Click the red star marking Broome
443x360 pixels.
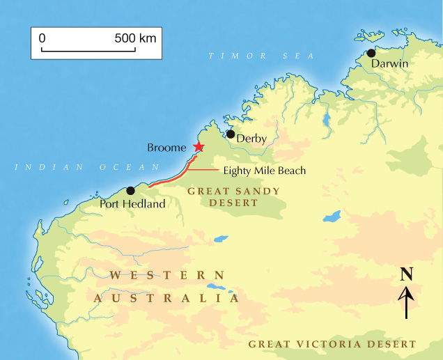click(x=199, y=146)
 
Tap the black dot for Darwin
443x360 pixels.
click(x=371, y=53)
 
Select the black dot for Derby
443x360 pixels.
click(x=231, y=134)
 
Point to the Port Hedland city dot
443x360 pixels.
click(x=130, y=191)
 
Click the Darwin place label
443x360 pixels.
click(x=389, y=64)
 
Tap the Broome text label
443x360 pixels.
click(x=167, y=148)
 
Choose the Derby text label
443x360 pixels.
click(x=251, y=139)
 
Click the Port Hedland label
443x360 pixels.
click(x=132, y=204)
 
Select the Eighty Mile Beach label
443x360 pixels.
click(x=265, y=170)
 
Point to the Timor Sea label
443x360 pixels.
click(x=262, y=56)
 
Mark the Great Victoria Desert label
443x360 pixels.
click(x=332, y=344)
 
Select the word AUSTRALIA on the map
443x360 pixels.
click(x=166, y=298)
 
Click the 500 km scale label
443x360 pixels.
click(x=135, y=38)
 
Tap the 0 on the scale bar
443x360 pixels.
click(x=42, y=38)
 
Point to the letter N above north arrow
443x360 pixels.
click(x=407, y=274)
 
